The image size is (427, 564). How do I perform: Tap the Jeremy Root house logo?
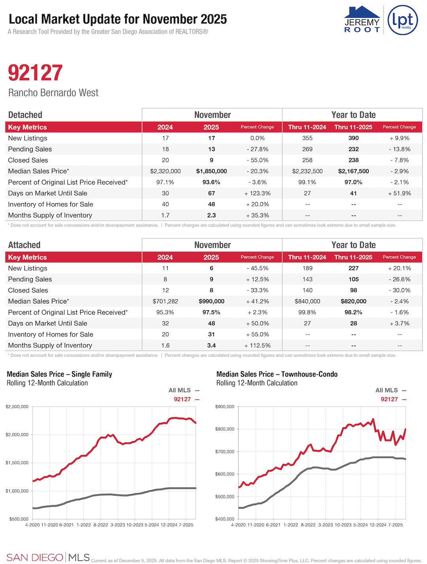[x=362, y=20]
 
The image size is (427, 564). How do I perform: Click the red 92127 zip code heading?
[x=35, y=73]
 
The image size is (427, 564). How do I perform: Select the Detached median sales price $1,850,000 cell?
[x=212, y=171]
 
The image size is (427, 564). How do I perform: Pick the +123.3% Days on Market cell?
[x=257, y=193]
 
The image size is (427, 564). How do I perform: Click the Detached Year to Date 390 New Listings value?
[x=353, y=138]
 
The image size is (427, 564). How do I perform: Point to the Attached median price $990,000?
[x=212, y=301]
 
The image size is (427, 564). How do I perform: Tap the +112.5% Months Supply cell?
[x=257, y=345]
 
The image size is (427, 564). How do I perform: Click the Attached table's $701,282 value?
[x=165, y=301]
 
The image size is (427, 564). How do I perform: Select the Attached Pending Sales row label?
[x=30, y=279]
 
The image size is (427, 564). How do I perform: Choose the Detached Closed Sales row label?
[x=28, y=160]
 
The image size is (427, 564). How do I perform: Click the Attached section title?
[x=25, y=245]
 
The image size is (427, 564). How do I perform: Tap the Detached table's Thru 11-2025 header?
[x=353, y=127]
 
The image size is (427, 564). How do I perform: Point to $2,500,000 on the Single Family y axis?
[x=17, y=407]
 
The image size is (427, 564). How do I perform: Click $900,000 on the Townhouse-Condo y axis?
[x=225, y=407]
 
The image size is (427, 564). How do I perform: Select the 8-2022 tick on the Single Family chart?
[x=100, y=525]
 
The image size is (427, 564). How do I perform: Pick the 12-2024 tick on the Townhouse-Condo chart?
[x=378, y=525]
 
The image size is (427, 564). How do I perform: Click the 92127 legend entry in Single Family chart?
[x=186, y=399]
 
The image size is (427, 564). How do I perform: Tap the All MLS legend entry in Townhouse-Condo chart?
[x=391, y=390]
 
